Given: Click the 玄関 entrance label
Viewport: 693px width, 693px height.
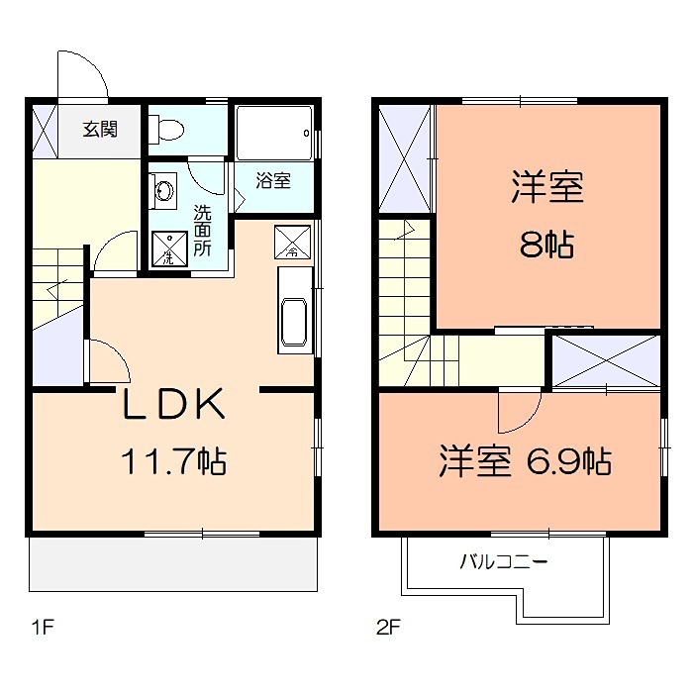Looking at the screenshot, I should click(99, 129).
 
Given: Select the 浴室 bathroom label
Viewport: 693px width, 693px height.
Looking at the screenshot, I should click(272, 181).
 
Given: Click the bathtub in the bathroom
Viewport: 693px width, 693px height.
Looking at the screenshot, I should click(274, 133).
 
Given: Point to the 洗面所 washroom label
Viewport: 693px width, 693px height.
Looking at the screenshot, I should click(202, 230).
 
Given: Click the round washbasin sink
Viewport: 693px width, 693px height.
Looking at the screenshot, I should click(163, 189).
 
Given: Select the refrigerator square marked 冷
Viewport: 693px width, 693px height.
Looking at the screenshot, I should click(292, 241).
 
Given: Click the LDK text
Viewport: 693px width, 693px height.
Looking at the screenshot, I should click(176, 404).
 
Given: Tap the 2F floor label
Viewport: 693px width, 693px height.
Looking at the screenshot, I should click(386, 626).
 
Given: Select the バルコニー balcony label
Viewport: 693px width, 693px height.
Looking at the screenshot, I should click(503, 563).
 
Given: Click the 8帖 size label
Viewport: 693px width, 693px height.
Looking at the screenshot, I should click(546, 245).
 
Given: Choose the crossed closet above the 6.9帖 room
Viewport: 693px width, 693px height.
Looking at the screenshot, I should click(605, 361).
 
